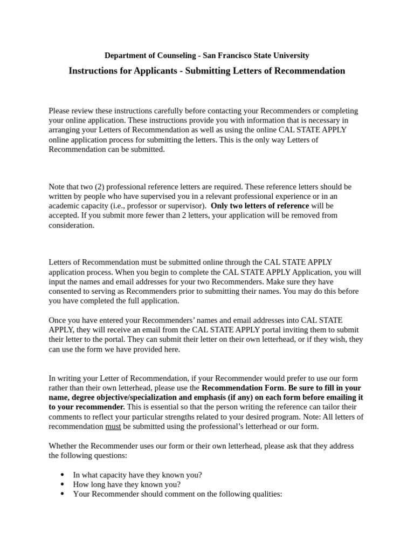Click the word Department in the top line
[125, 56]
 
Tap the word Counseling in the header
[175, 56]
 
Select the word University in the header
[291, 56]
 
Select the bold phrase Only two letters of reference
[260, 206]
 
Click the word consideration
[71, 225]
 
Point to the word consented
[67, 291]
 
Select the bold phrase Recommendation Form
[242, 388]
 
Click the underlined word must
[113, 426]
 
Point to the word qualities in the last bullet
[266, 494]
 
